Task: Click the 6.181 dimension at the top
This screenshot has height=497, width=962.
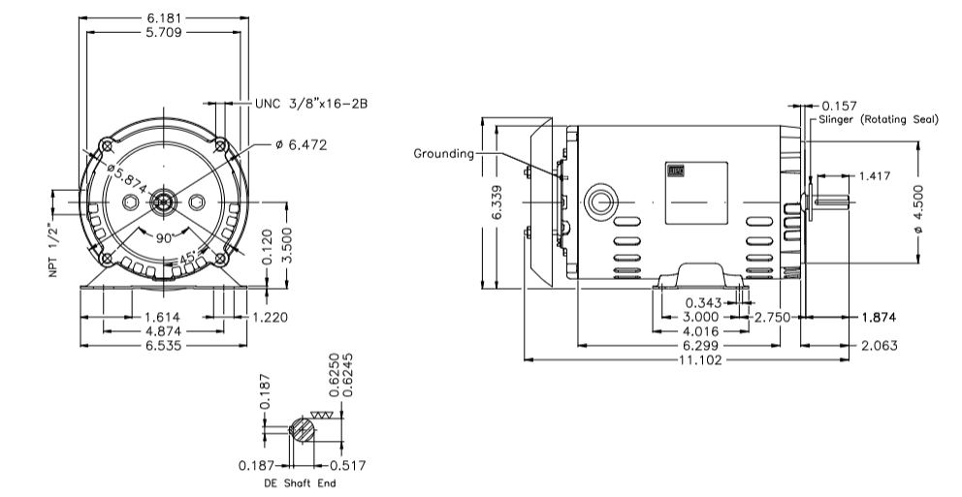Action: pyautogui.click(x=161, y=17)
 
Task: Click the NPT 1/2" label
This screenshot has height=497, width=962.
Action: pyautogui.click(x=55, y=254)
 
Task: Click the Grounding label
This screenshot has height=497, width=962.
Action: pyautogui.click(x=444, y=153)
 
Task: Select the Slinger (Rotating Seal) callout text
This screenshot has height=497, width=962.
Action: pyautogui.click(x=879, y=119)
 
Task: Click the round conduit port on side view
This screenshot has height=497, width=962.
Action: pyautogui.click(x=600, y=202)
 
